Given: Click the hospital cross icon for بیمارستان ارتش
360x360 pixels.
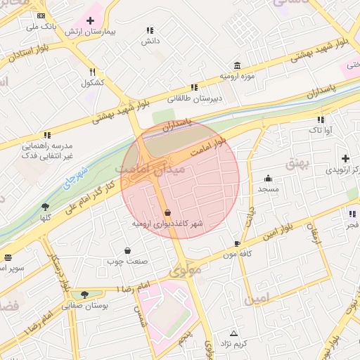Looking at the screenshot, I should (90, 20).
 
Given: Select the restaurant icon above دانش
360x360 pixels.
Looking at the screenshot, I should (149, 30).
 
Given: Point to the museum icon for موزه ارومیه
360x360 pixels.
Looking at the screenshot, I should (236, 65).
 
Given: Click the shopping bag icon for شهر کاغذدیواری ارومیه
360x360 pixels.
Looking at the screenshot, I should (167, 212).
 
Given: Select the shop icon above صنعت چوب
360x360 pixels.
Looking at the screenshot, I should (127, 250).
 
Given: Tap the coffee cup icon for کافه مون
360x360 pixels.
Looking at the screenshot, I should (237, 243).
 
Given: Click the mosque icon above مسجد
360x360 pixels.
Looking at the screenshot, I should (268, 178).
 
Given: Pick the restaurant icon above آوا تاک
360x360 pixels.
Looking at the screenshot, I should (321, 120).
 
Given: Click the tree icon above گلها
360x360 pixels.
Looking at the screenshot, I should (46, 206).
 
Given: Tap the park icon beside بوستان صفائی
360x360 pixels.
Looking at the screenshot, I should (85, 294).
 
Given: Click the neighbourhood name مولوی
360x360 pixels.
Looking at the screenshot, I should (185, 269).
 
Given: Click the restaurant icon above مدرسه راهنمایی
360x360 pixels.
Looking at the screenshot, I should (47, 134).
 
